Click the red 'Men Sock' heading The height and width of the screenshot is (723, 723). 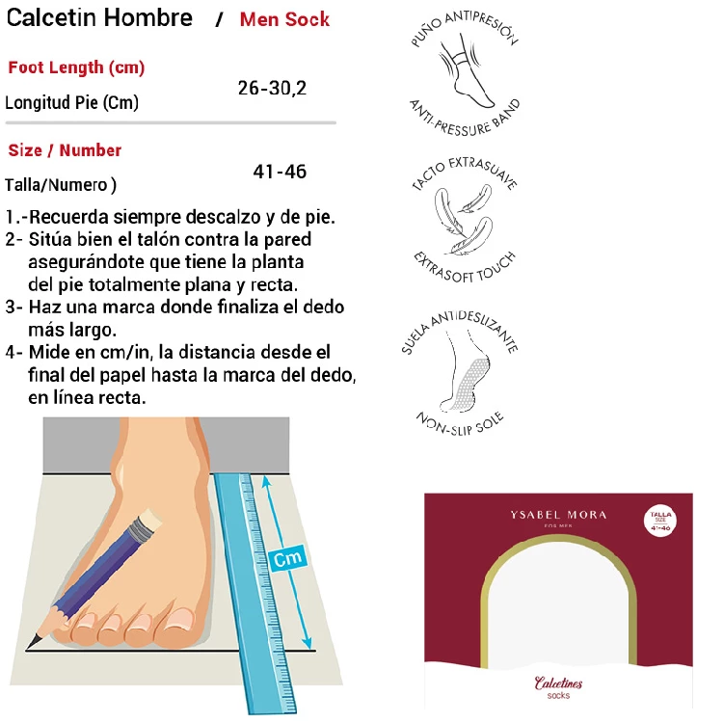pos(284,19)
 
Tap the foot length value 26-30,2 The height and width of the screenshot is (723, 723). pos(272,88)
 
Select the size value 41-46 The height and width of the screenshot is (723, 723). pos(280,172)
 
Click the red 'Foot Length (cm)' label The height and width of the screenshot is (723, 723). pos(76,67)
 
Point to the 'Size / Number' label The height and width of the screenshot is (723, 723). pos(65,150)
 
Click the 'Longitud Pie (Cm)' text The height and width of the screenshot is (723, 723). pos(71,102)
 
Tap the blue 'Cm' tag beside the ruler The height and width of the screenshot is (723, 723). pos(287,558)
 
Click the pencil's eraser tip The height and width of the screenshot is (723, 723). pos(151,520)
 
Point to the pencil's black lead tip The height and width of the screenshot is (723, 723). pos(32,642)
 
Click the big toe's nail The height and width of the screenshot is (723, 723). pos(179,619)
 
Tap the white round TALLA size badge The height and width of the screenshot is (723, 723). pos(660,521)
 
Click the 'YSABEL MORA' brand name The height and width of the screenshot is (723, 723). pos(558,515)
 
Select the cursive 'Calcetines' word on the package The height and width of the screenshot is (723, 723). pos(558,683)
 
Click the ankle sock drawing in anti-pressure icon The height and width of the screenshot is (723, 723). pos(465,74)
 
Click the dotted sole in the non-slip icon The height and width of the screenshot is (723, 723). pos(469,384)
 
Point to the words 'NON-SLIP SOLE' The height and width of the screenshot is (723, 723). pos(460,424)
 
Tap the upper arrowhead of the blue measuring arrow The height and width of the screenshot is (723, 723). pos(266,481)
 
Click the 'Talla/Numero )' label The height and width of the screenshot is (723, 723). pos(61,185)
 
